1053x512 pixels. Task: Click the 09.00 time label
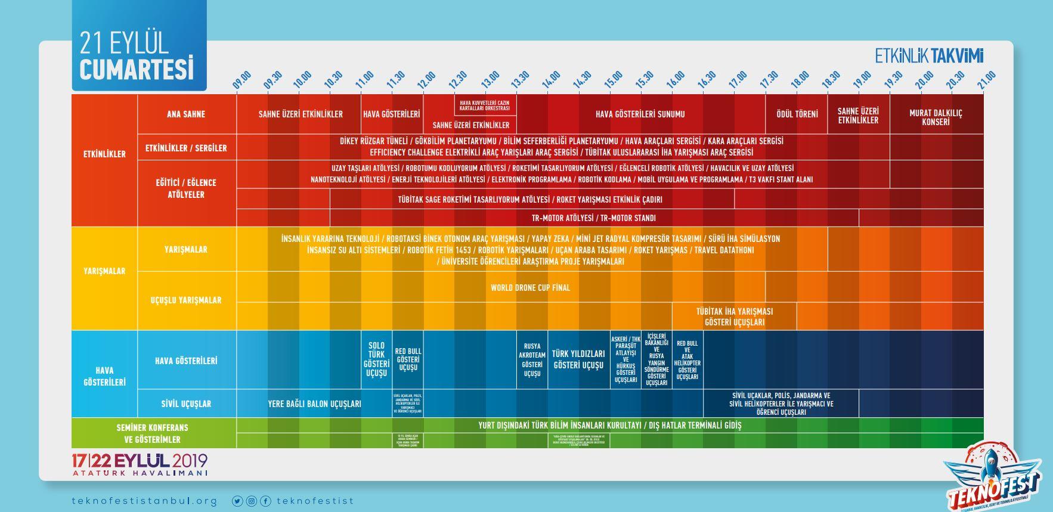point(242,80)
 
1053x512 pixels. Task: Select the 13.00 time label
point(490,80)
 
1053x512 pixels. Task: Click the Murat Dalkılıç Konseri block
point(936,117)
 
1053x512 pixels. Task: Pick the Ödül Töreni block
point(797,114)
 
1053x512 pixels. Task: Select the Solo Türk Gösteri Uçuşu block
point(376,359)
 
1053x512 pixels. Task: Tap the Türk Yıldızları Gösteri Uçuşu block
point(578,359)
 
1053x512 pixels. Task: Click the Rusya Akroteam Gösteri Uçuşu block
point(532,359)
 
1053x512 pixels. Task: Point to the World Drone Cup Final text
point(530,287)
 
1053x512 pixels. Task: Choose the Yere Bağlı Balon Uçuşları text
point(314,404)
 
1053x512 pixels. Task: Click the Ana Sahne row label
point(186,114)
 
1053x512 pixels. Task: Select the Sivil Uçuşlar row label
point(186,404)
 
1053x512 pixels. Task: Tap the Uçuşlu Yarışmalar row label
point(186,300)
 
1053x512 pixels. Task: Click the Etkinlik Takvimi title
point(929,56)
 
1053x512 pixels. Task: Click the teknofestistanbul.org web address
point(144,501)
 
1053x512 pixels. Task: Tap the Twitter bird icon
point(237,501)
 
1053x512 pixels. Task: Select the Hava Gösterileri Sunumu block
point(640,114)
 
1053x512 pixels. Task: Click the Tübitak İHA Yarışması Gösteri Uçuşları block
point(734,316)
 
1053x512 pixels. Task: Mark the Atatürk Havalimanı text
point(140,473)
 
